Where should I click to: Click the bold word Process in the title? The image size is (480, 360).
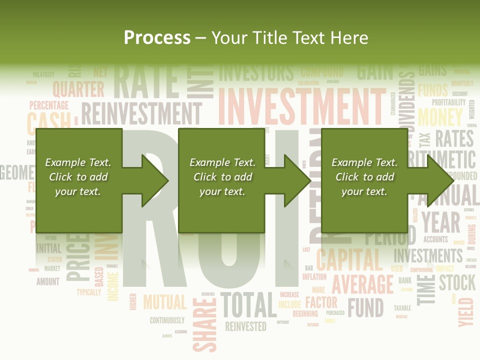tap(157, 38)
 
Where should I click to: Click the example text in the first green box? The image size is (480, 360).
tap(78, 177)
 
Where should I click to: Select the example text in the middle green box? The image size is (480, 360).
tap(222, 177)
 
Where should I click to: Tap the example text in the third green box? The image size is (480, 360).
tap(364, 177)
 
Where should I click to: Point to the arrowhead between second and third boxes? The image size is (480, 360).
tap(297, 180)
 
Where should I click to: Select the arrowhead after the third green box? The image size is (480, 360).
tap(440, 180)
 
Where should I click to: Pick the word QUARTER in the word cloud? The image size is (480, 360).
tap(78, 89)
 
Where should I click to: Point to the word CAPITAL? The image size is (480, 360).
tap(349, 259)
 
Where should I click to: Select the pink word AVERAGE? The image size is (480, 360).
tap(362, 284)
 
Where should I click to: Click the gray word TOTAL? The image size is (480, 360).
tap(248, 305)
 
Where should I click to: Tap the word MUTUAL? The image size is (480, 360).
tap(164, 302)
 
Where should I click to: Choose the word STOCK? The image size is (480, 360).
tap(457, 282)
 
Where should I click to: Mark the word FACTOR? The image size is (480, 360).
tap(321, 302)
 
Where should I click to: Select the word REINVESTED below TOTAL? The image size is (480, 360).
tap(245, 326)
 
